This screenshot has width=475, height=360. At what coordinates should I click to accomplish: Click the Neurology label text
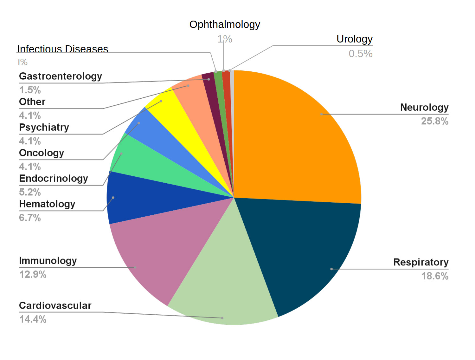pos(424,107)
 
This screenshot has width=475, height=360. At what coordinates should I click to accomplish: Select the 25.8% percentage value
pos(434,121)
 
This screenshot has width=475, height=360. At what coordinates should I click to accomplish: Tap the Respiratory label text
pos(420,262)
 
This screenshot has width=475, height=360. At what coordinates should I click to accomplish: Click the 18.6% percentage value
pos(435,276)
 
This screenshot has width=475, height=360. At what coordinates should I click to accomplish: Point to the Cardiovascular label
pos(55,305)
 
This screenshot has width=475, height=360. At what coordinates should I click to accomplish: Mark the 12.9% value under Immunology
pos(33,274)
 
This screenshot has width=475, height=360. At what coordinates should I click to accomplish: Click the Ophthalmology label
pos(225,24)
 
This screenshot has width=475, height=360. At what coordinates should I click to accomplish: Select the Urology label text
pos(354,39)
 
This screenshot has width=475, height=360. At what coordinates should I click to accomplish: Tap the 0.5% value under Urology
pos(360,54)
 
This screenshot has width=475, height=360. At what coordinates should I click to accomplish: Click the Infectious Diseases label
pos(62,49)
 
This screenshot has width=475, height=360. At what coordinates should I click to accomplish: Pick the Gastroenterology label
pos(61,76)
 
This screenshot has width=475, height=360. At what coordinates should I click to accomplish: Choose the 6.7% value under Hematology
pos(30,218)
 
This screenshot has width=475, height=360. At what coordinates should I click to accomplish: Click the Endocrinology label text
pos(53,178)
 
